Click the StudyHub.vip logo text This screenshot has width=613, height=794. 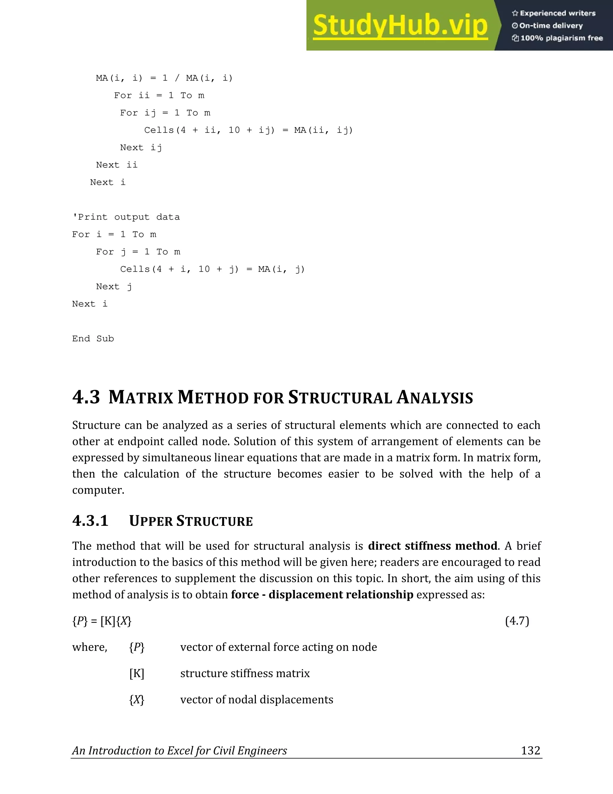tap(400, 25)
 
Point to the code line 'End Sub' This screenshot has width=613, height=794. tap(93, 339)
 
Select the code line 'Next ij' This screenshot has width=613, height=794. tap(141, 148)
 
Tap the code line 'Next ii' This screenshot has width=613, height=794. tap(116, 165)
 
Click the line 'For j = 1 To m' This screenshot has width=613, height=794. tap(138, 252)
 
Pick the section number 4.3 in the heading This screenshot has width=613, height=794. tap(86, 397)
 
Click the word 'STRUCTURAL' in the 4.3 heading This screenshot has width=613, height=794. tap(340, 398)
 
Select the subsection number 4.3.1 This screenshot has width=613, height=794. tap(90, 521)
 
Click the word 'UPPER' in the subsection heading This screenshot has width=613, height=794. tap(151, 521)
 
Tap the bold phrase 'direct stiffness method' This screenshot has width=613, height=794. tap(433, 546)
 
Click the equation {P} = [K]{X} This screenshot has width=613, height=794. tap(102, 621)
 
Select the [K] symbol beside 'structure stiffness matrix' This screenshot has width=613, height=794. tap(136, 673)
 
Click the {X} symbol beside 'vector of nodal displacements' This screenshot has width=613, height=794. tap(136, 700)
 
